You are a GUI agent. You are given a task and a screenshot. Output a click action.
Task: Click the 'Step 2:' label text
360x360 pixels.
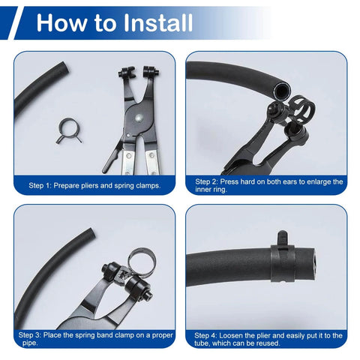[x=209, y=181]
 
